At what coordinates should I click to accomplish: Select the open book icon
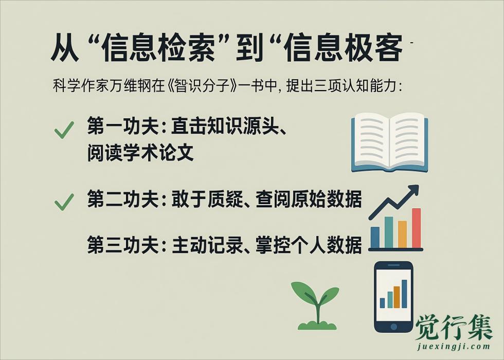(389, 142)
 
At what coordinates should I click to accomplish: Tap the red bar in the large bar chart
(416, 228)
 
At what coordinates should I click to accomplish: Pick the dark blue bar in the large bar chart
(375, 237)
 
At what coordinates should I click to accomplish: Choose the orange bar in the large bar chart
(402, 234)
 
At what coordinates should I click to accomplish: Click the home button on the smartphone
(393, 326)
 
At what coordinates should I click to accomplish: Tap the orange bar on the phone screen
(397, 297)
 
